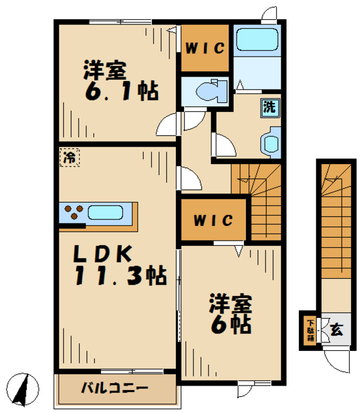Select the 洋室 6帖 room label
click(x=229, y=314)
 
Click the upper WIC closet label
click(x=205, y=48)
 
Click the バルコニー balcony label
click(x=115, y=388)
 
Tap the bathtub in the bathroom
click(x=256, y=40)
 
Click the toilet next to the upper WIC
click(x=207, y=89)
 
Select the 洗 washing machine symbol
click(x=269, y=107)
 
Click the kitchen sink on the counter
click(x=108, y=212)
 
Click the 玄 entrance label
click(x=337, y=330)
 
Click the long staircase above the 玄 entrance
click(x=334, y=225)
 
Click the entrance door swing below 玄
click(x=337, y=361)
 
